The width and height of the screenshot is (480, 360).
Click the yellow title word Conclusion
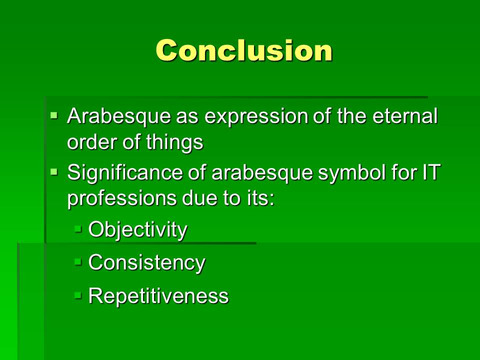pos(244,50)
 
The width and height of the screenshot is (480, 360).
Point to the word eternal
pos(405,116)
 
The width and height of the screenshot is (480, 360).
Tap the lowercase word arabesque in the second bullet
pos(262,173)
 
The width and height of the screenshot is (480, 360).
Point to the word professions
pos(122,199)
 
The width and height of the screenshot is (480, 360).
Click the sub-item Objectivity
pos(137,229)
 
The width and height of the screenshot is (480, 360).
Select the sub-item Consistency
pos(146,262)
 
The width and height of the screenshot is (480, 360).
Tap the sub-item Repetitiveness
pos(158,295)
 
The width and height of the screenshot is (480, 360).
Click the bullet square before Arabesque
pos(54,116)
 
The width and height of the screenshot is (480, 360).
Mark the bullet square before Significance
pos(54,172)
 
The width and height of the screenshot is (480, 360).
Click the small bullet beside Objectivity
pos(78,229)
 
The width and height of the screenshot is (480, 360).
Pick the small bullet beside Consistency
pos(78,262)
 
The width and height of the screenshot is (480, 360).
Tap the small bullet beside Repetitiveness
pos(78,295)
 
